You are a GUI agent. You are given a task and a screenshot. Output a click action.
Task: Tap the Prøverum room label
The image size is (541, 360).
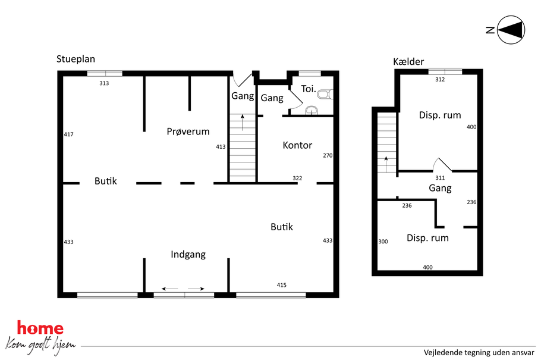click(x=188, y=132)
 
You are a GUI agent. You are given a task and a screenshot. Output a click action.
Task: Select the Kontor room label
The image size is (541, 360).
click(x=297, y=145)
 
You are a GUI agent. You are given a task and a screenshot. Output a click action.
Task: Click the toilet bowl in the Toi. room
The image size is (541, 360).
click(x=326, y=95)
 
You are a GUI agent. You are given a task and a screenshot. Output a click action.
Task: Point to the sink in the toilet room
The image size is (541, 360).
click(x=312, y=110)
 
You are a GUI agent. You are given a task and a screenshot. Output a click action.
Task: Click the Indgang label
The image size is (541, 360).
click(x=188, y=255)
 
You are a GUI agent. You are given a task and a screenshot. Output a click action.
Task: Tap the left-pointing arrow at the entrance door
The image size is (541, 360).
click(x=170, y=289)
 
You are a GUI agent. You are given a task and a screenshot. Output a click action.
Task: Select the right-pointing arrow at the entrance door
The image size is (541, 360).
click(x=196, y=289)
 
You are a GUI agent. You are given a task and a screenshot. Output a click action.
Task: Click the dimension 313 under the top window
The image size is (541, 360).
click(x=104, y=83)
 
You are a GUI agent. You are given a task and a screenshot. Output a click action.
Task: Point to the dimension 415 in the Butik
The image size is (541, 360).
click(x=282, y=285)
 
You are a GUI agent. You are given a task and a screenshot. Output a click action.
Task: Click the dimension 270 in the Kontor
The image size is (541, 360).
click(x=328, y=155)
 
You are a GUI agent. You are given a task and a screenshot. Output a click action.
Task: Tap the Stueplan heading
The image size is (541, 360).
click(x=76, y=59)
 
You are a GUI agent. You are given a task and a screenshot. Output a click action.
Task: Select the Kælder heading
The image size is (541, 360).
click(x=408, y=61)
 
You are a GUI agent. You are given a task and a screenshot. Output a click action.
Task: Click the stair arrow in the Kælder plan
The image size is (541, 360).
click(x=386, y=164)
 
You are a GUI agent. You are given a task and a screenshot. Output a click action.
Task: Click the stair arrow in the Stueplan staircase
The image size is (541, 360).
click(x=243, y=123)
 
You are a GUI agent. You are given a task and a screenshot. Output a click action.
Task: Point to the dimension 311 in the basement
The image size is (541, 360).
click(x=440, y=178)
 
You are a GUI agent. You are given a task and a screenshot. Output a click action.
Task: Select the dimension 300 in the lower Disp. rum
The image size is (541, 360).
click(x=383, y=242)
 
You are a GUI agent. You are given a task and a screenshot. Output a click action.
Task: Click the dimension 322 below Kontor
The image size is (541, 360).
click(x=297, y=179)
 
